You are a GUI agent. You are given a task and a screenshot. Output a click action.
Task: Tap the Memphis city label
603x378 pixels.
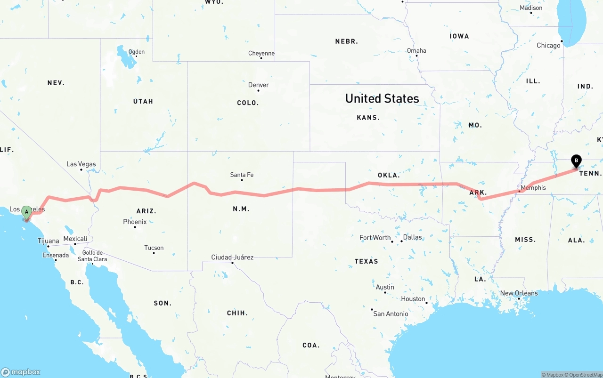coord(533,187)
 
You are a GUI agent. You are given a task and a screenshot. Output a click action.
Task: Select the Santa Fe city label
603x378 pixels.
coord(242,175)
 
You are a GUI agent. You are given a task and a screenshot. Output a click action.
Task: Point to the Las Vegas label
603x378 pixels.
coord(81,164)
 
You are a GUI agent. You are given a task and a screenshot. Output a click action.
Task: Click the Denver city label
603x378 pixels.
coord(259,85)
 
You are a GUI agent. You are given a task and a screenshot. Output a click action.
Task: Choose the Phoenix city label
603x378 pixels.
coord(135,221)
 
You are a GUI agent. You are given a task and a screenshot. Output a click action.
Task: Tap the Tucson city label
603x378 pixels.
coord(154,248)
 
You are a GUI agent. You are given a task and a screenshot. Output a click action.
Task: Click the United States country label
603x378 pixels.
coord(382,98)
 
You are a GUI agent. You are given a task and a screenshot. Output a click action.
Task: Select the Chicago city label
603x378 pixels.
coord(549,45)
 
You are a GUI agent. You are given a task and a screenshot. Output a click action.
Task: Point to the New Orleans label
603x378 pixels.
coord(519,293)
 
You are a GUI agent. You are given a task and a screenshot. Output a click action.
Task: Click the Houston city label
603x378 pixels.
coord(413,298)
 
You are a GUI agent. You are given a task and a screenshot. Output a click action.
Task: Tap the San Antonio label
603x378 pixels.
coord(391,314)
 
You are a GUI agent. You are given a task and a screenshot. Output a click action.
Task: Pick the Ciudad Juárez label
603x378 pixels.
coord(232,257)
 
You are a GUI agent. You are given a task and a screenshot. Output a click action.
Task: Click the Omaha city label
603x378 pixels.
coord(416,50)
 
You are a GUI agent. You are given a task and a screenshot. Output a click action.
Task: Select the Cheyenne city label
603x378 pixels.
coord(261,53)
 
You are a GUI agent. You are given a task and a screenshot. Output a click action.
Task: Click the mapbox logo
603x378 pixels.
coord(21,372)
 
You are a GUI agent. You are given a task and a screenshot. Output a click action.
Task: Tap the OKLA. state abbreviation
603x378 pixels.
coord(389,175)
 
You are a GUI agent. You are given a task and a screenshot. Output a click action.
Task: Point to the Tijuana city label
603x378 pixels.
coord(49,241)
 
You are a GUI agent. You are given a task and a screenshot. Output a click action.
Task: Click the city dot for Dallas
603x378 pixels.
coord(402,241)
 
